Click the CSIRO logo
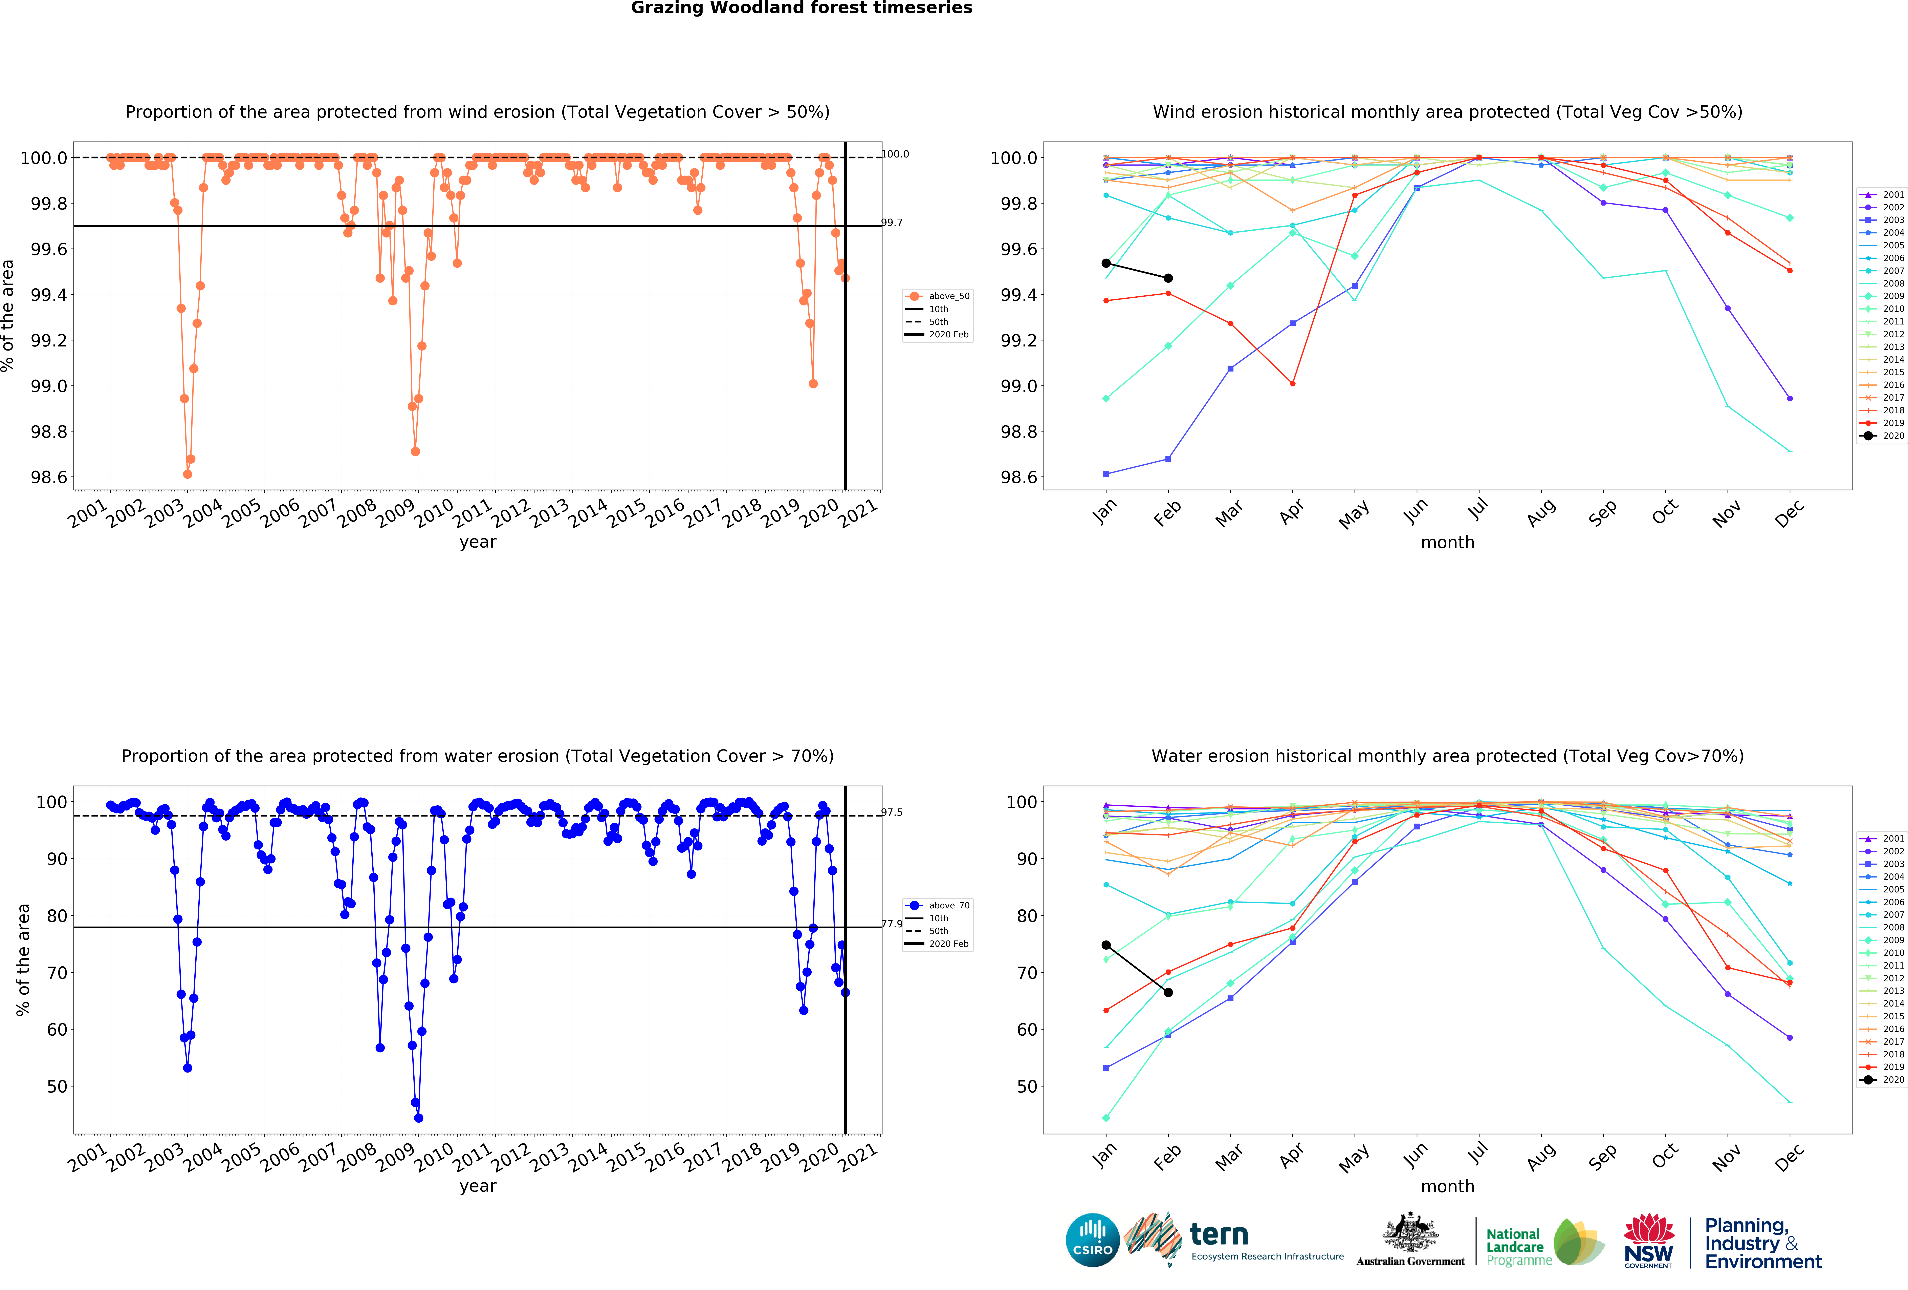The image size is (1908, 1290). point(1092,1240)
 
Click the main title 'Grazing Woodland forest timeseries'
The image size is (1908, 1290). point(801,8)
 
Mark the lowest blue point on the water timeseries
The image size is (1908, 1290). point(419,1118)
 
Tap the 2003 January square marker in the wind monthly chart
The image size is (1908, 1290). point(1106,474)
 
